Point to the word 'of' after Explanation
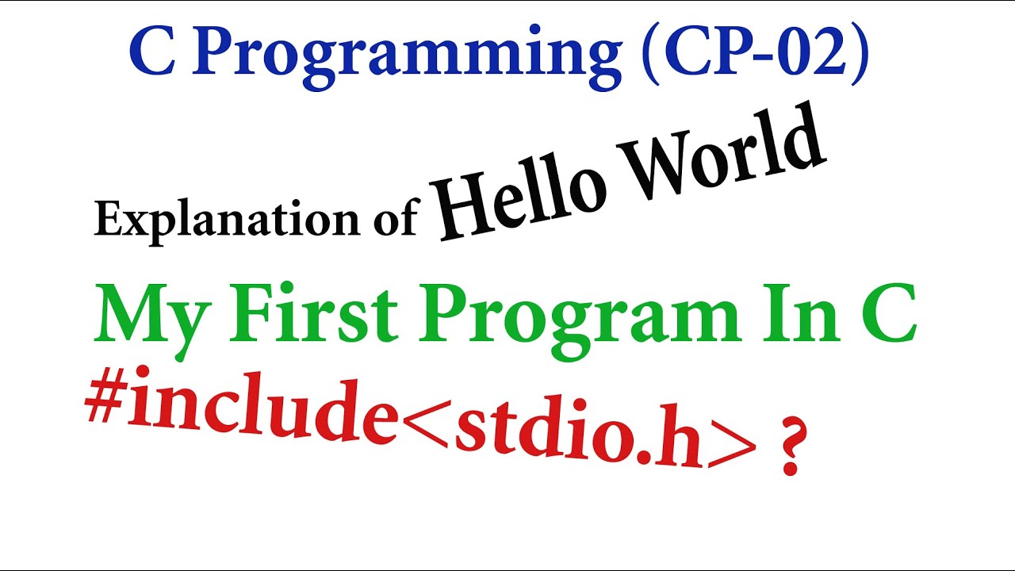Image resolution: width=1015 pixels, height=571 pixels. click(394, 219)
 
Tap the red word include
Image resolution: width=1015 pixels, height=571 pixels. click(262, 413)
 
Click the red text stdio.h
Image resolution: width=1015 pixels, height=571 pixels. click(579, 441)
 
